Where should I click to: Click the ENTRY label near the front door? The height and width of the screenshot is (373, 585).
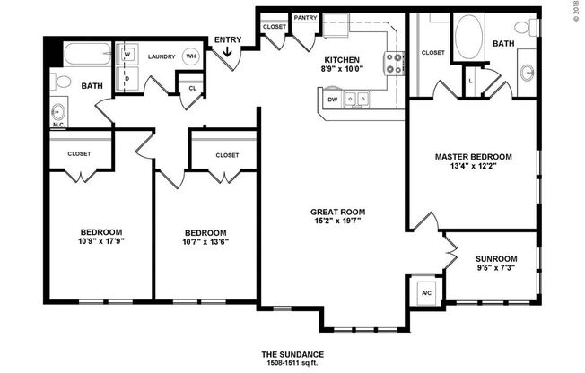click(x=227, y=39)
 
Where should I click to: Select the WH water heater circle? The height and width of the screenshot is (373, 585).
click(x=190, y=56)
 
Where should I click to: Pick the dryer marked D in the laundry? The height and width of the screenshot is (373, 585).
click(x=127, y=78)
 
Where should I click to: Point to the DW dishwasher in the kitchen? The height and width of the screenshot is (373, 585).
click(x=332, y=100)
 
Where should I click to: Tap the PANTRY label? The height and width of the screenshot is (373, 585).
click(x=305, y=17)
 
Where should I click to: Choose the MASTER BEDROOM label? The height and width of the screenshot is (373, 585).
click(x=473, y=157)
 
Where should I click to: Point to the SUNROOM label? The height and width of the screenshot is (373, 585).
click(x=496, y=259)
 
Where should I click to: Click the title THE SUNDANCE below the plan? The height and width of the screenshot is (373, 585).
click(x=292, y=353)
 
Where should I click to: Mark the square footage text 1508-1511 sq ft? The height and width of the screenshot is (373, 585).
click(x=292, y=364)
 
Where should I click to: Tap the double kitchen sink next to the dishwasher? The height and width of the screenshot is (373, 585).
click(x=361, y=100)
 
